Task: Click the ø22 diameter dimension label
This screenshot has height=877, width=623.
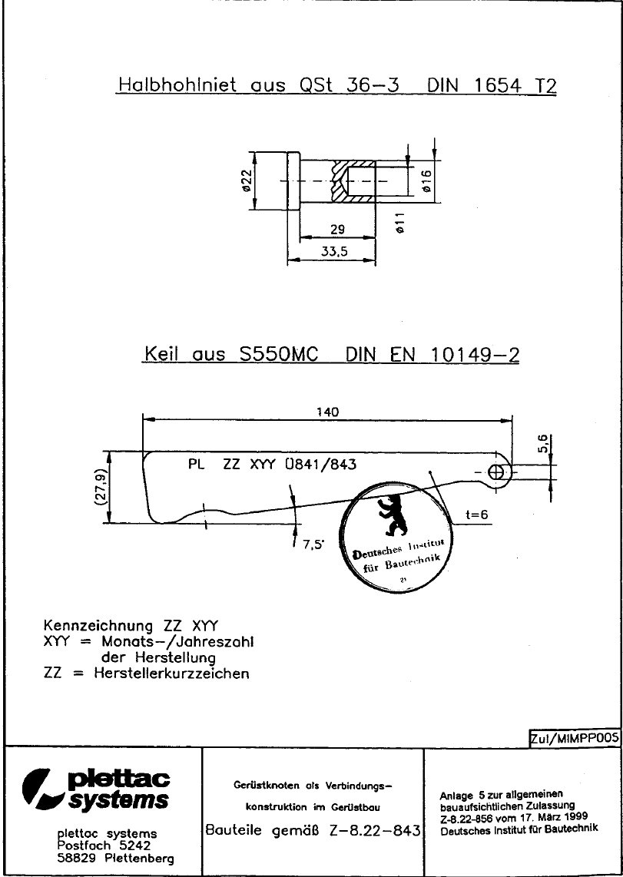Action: pos(246,181)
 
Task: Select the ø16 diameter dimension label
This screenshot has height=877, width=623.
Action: pos(426,180)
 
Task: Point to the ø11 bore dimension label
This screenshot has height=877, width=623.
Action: pos(399,223)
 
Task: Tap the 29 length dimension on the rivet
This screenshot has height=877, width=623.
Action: pos(337,230)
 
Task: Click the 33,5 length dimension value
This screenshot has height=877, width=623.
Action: pos(334,252)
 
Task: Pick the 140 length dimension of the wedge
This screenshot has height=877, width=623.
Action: pos(328,412)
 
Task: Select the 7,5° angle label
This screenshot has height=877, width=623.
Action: pos(313,546)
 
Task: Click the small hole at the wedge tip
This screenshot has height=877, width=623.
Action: pos(495,472)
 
